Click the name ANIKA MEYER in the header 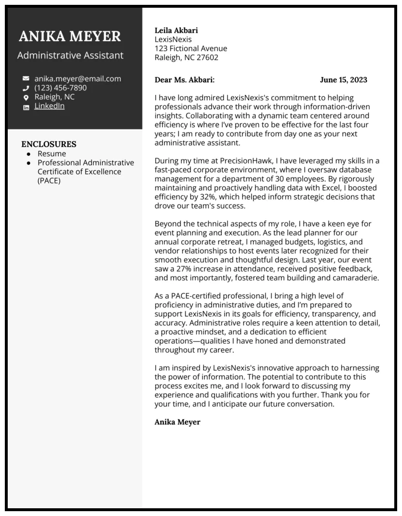coord(70,36)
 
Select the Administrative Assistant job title coord(71,55)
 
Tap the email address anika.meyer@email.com coord(78,78)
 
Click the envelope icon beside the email coord(26,79)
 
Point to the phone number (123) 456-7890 coord(60,88)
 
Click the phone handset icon coord(26,88)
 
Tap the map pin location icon coord(26,97)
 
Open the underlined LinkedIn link coord(49,106)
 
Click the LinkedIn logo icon coord(26,107)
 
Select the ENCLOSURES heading coord(49,144)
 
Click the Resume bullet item coord(52,154)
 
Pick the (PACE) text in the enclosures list coord(49,181)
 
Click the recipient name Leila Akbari coord(176,30)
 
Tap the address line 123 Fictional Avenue coord(191,48)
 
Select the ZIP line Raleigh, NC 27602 coord(187,58)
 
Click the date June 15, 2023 coord(344,80)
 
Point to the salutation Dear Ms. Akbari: coord(185,80)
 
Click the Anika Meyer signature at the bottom coord(177,422)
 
